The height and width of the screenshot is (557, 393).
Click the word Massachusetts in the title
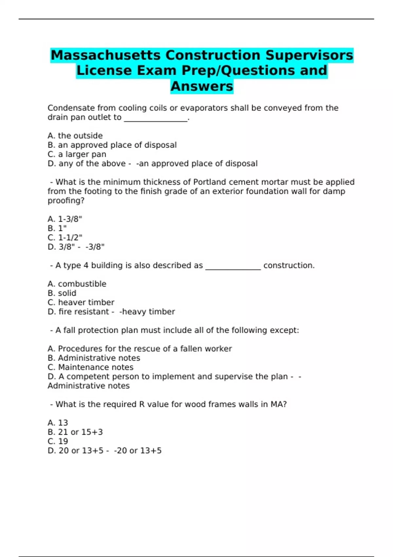click(105, 55)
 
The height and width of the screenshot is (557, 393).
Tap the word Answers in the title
click(202, 86)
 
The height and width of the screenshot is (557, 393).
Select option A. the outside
click(75, 136)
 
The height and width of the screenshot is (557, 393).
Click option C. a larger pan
click(77, 154)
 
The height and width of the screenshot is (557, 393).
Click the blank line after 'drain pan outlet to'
click(156, 118)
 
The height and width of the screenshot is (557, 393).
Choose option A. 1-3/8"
click(65, 219)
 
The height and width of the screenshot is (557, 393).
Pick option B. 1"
click(57, 228)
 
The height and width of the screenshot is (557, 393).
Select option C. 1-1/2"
click(65, 237)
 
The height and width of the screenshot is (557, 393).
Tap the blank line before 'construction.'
click(233, 266)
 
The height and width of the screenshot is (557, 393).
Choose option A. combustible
click(77, 284)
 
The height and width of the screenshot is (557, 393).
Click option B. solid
click(62, 293)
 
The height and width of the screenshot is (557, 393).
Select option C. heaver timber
click(81, 302)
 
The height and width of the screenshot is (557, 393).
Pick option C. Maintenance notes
click(90, 367)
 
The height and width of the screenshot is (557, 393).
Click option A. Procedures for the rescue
click(140, 349)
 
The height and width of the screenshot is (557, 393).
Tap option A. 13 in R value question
click(58, 423)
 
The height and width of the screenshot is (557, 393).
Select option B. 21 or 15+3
click(75, 432)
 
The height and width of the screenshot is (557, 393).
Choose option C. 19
click(58, 441)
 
